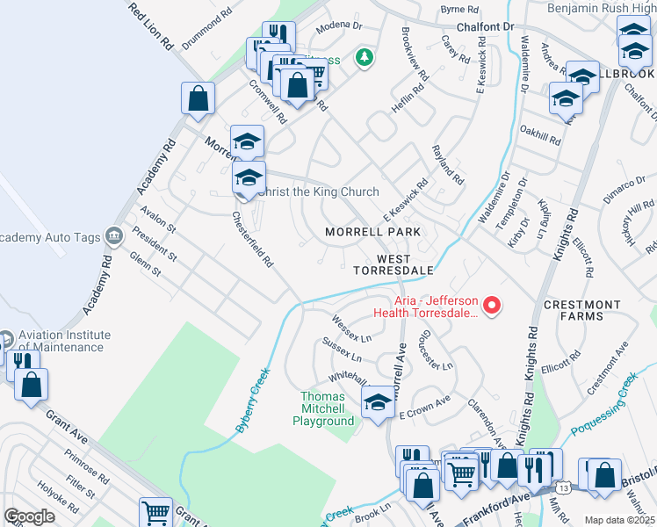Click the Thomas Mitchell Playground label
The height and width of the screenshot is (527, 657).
pyautogui.click(x=322, y=409)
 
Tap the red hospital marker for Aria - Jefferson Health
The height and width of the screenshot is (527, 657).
pyautogui.click(x=493, y=306)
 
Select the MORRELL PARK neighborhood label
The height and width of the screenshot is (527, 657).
pyautogui.click(x=372, y=232)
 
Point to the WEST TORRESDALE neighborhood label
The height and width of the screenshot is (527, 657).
pyautogui.click(x=393, y=264)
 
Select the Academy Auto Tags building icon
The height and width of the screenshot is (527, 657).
pyautogui.click(x=113, y=235)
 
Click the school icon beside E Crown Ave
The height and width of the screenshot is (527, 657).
pyautogui.click(x=379, y=402)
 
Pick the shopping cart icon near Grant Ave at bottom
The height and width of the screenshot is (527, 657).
pyautogui.click(x=155, y=512)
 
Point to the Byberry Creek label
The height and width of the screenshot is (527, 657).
pyautogui.click(x=253, y=401)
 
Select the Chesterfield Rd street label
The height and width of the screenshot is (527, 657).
pyautogui.click(x=253, y=239)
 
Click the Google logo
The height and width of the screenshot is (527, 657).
pyautogui.click(x=29, y=516)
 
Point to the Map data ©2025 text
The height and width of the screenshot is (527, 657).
pyautogui.click(x=619, y=520)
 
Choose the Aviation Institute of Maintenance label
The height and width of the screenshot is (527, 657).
pyautogui.click(x=67, y=341)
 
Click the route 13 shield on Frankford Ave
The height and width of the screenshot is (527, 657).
pyautogui.click(x=563, y=486)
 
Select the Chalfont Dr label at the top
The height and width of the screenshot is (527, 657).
pyautogui.click(x=484, y=27)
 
